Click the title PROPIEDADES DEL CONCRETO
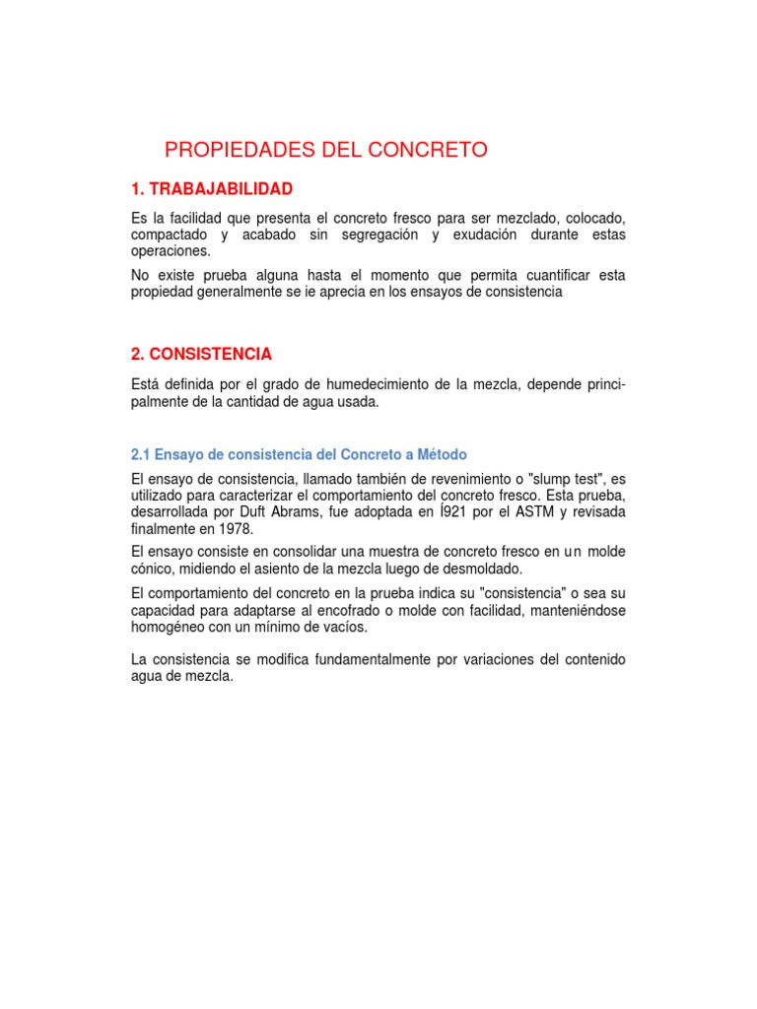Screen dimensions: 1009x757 [326, 150]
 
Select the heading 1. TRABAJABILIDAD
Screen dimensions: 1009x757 [212, 188]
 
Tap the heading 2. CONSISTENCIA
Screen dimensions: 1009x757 [201, 354]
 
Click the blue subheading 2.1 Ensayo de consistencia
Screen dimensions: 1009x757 [299, 454]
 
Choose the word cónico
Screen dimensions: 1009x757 [153, 569]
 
